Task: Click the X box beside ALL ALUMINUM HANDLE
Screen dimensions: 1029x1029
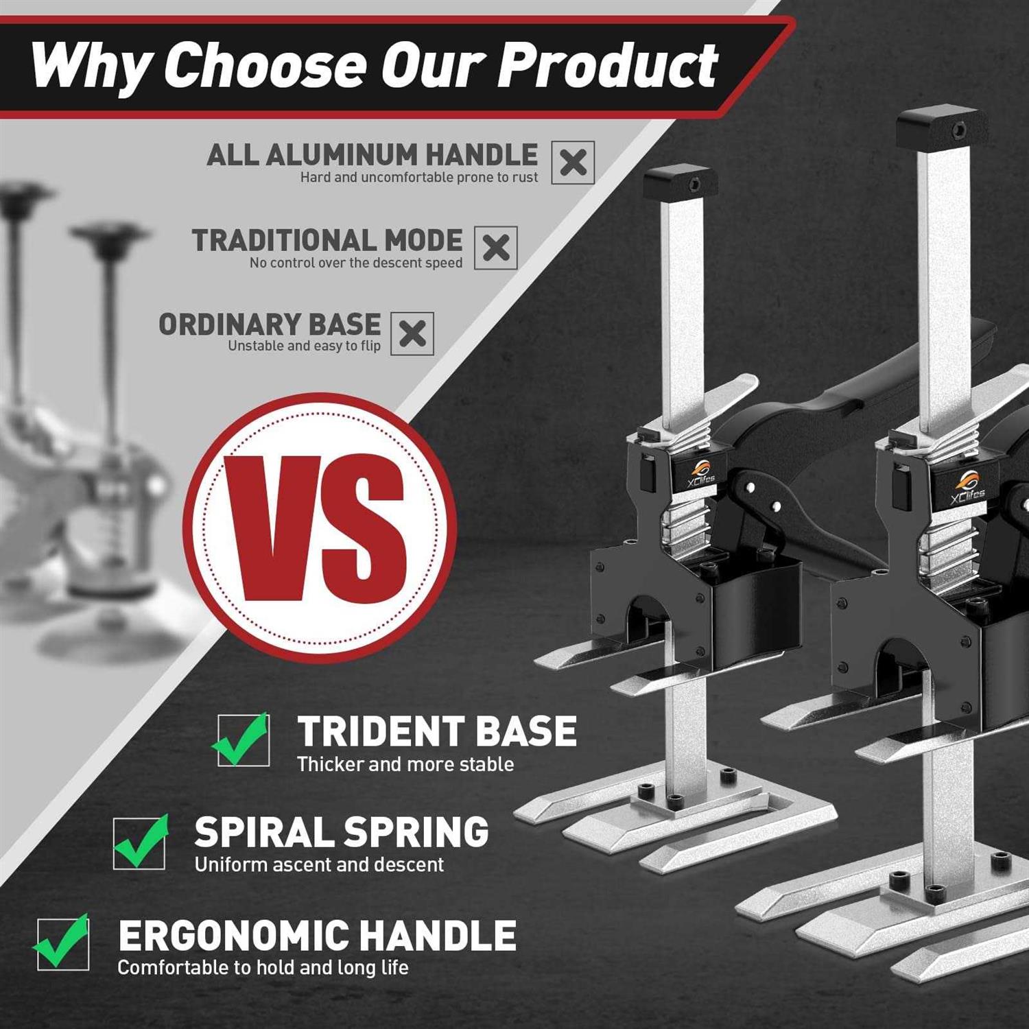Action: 573,163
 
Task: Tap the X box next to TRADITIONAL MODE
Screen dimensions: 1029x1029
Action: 496,248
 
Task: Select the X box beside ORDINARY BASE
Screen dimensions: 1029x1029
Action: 412,334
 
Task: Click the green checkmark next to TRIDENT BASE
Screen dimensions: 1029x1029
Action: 241,738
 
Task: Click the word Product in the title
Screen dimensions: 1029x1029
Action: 607,65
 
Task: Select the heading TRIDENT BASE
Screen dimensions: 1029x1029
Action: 437,731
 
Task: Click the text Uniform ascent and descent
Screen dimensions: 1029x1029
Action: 319,864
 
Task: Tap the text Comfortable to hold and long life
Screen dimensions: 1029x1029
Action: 263,967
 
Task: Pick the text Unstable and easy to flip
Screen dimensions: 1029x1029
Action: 304,346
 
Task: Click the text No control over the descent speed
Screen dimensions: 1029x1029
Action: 356,263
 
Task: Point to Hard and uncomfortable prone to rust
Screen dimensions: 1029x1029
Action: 419,178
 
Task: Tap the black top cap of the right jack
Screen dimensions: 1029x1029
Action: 942,126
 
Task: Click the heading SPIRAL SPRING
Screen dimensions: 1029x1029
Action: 342,832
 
